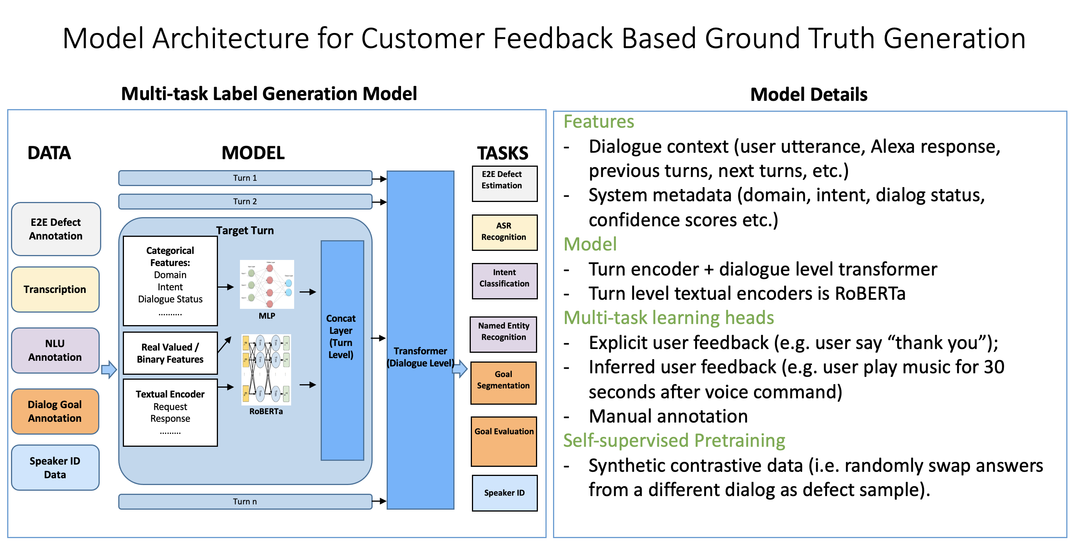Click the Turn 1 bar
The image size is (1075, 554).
(245, 178)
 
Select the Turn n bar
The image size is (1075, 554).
(245, 501)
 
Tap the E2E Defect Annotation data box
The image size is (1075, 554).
(56, 229)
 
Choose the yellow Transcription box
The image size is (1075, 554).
(55, 290)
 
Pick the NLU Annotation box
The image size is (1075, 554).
(55, 351)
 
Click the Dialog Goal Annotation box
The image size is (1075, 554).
(55, 411)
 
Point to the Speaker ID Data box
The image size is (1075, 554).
(55, 468)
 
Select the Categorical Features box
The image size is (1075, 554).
(170, 281)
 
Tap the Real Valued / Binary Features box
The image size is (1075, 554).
(170, 353)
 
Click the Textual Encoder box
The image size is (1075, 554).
(170, 413)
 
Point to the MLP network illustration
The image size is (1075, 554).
(267, 285)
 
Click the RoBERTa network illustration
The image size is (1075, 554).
(266, 369)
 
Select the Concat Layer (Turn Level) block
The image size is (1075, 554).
(342, 351)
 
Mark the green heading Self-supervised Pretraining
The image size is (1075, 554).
(674, 441)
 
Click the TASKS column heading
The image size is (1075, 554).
(503, 153)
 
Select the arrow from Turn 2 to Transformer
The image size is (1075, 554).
(379, 202)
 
